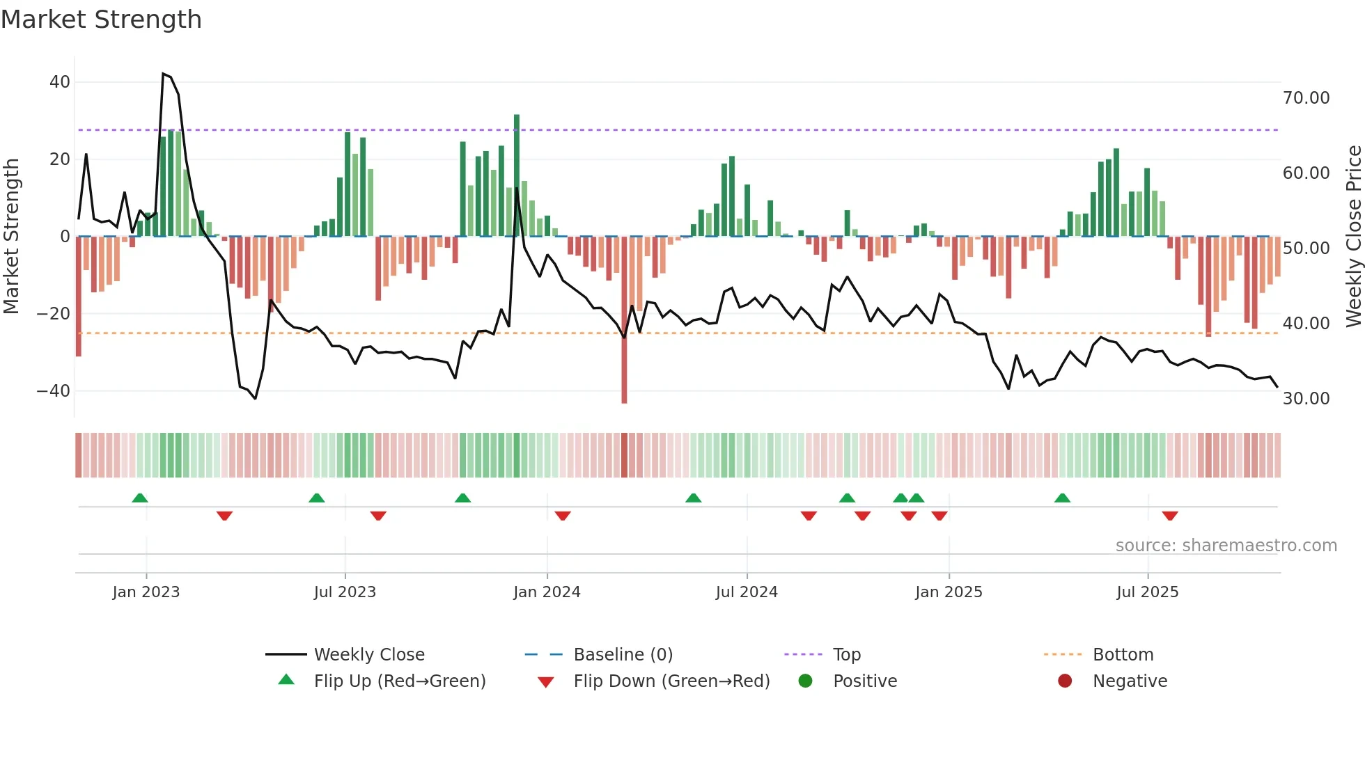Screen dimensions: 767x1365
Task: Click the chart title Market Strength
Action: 101,19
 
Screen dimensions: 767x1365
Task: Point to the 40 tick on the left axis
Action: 60,82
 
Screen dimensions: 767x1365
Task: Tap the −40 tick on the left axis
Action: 54,391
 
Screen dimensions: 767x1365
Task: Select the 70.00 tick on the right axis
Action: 1306,98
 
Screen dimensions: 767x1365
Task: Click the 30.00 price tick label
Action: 1306,399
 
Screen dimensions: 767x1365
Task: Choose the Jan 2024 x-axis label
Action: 547,592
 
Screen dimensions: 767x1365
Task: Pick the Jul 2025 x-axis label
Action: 1147,592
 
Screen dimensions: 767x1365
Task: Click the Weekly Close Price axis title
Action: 1353,237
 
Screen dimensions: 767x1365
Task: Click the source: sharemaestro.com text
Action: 1226,546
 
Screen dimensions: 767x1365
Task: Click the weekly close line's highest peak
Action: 163,74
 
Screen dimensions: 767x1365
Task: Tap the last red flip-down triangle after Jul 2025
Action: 1170,516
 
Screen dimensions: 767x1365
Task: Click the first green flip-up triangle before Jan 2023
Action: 140,498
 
